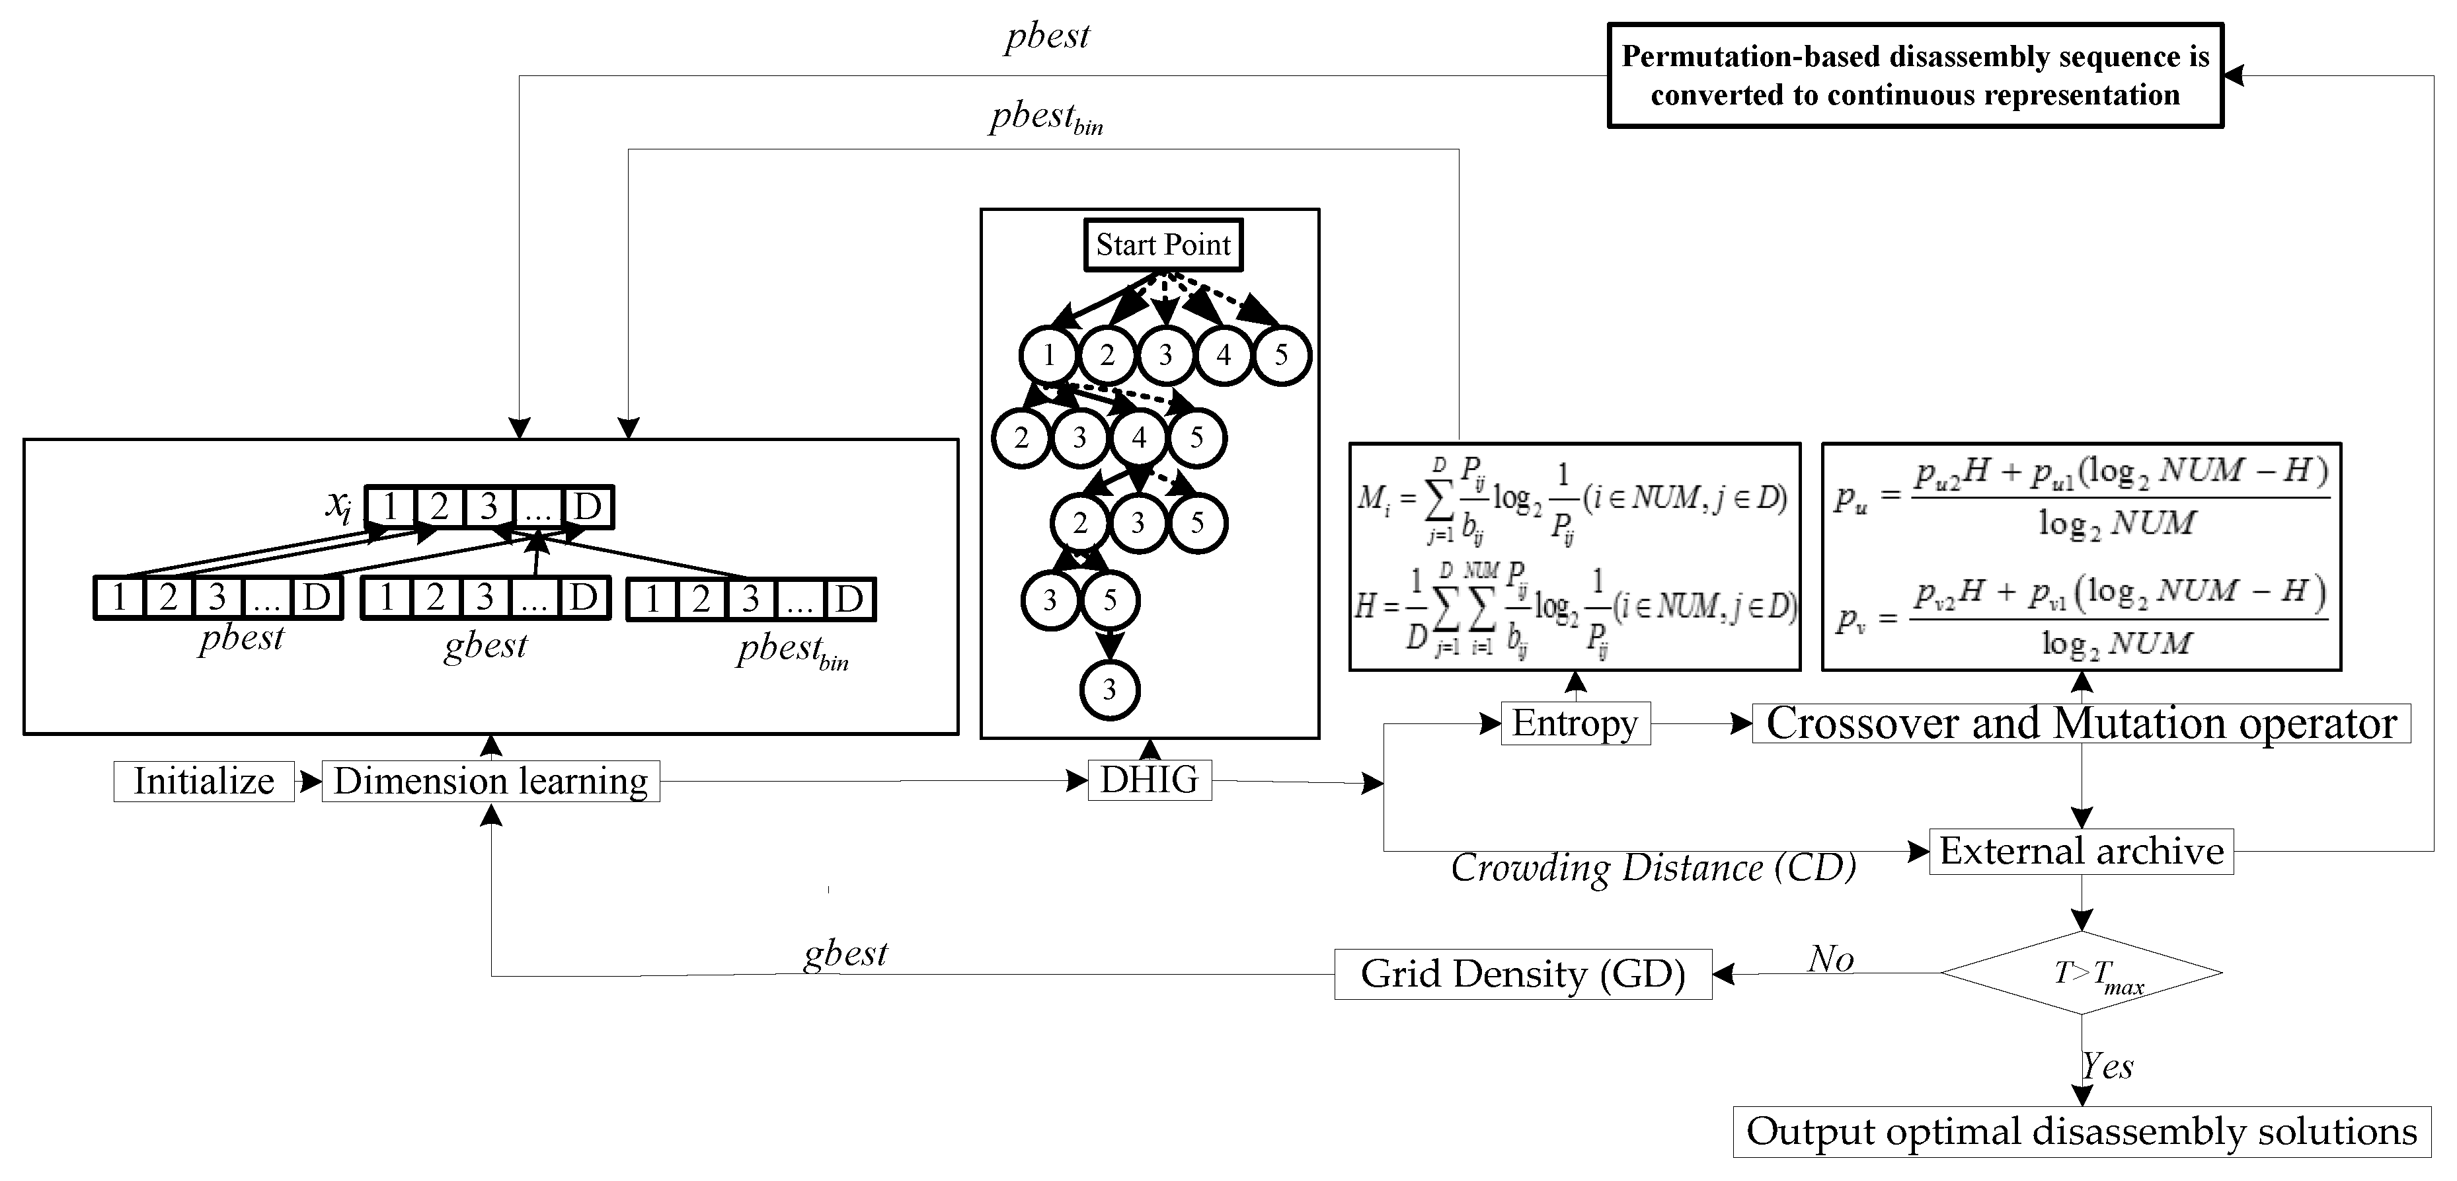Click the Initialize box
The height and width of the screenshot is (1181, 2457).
tap(203, 782)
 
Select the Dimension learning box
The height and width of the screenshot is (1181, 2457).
tap(490, 782)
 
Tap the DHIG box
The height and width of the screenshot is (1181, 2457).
tap(1150, 780)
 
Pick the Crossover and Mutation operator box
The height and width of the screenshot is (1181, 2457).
tap(2081, 723)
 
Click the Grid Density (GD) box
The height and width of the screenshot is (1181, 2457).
tap(1522, 974)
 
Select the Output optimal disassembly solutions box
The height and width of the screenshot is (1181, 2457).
tap(2081, 1131)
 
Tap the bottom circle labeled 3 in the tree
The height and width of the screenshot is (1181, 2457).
tap(1109, 690)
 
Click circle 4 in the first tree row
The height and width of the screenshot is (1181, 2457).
tap(1224, 356)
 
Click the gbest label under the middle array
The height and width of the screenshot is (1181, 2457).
tap(485, 647)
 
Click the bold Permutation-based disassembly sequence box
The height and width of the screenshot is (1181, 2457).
tap(1914, 76)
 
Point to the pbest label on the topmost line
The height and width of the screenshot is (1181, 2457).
tap(1046, 36)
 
